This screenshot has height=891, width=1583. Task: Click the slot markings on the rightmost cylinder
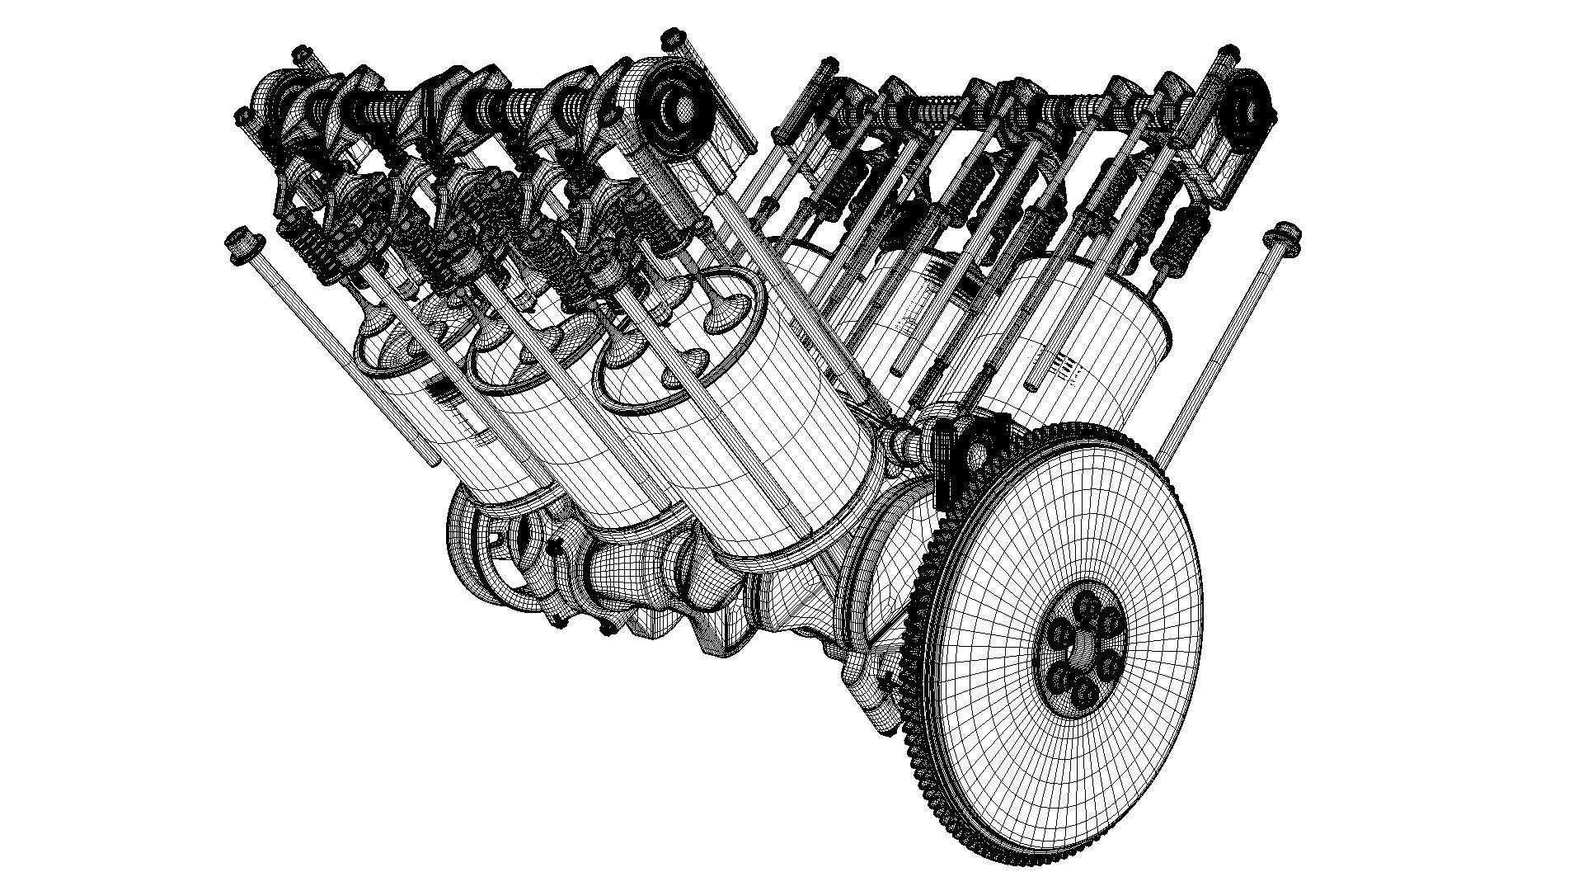click(x=1064, y=363)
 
